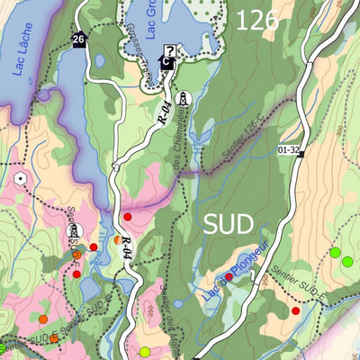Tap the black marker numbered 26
[79, 39]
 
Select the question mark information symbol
[170, 50]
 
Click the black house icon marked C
[165, 62]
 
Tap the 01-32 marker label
[289, 150]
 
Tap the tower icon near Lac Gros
[183, 97]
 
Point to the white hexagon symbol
[21, 177]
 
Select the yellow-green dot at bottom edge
[144, 351]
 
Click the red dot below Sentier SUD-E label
[295, 310]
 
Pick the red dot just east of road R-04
[127, 216]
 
